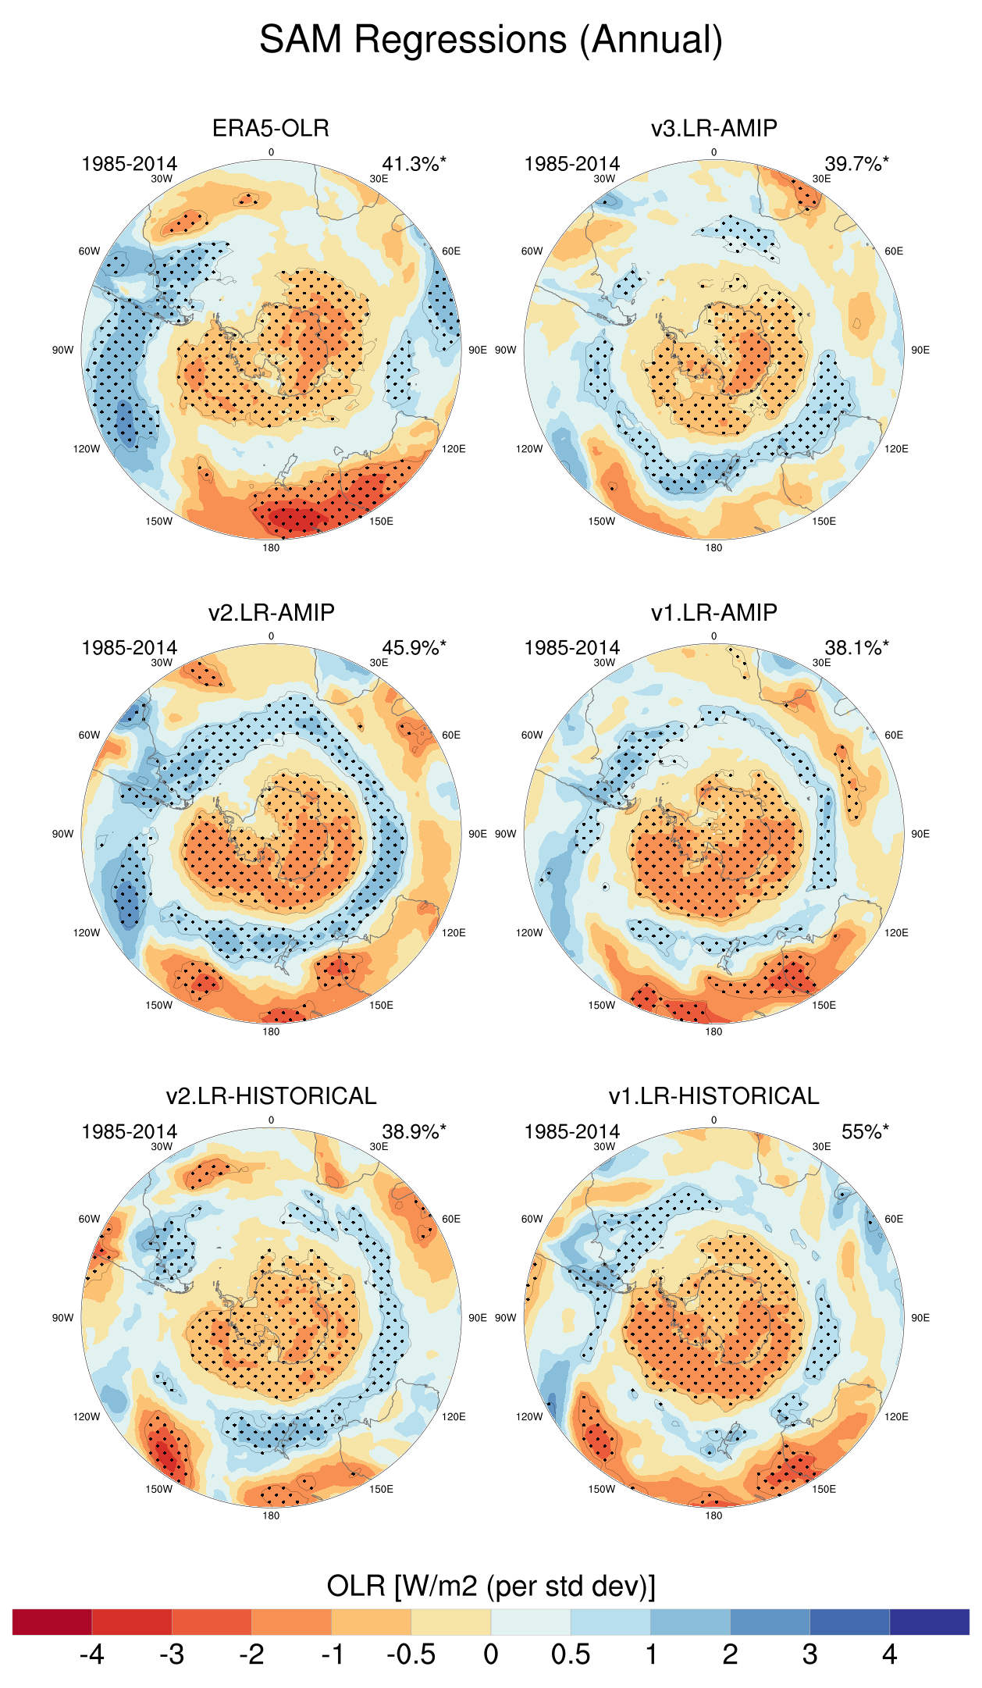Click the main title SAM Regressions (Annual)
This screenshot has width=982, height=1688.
click(x=491, y=40)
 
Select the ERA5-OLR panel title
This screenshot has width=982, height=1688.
click(x=271, y=128)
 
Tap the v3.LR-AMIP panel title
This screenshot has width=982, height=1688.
click(x=714, y=128)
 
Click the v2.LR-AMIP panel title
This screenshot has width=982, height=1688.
click(x=271, y=612)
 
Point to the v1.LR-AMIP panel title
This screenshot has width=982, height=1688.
click(x=714, y=612)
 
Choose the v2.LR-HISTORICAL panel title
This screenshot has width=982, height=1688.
click(x=271, y=1096)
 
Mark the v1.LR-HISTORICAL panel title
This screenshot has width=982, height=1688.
click(x=714, y=1096)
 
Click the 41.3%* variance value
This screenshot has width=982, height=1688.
click(x=414, y=164)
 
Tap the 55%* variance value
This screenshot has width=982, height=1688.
click(x=865, y=1132)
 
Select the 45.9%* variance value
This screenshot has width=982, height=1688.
click(x=414, y=648)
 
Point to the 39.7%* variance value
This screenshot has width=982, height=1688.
click(x=856, y=164)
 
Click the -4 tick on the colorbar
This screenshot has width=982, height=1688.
click(x=92, y=1654)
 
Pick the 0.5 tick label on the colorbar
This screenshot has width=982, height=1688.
click(x=571, y=1654)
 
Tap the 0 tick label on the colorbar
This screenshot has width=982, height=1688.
click(x=491, y=1654)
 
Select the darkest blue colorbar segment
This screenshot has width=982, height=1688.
click(x=929, y=1622)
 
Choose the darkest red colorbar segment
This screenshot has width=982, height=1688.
click(x=52, y=1622)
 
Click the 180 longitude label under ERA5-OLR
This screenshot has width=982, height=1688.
click(x=271, y=548)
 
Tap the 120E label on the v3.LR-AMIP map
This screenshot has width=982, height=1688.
click(x=896, y=449)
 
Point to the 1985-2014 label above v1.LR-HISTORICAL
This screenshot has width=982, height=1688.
click(x=572, y=1132)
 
